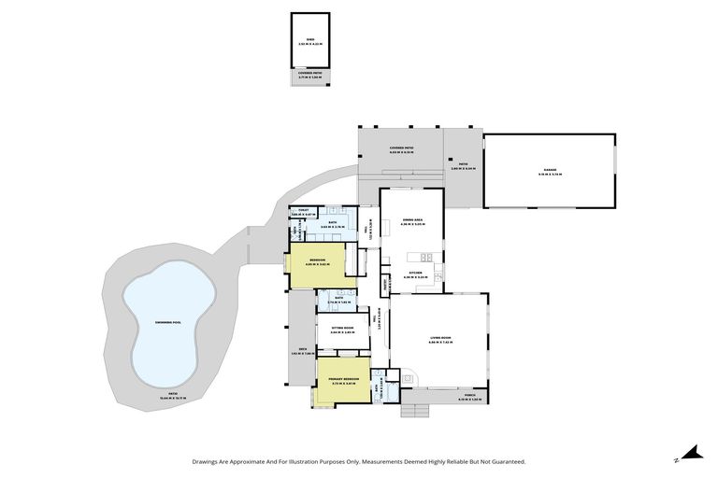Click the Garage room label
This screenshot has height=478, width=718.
pyautogui.click(x=549, y=171)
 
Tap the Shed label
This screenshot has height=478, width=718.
pyautogui.click(x=309, y=41)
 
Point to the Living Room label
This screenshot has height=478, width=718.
pyautogui.click(x=439, y=341)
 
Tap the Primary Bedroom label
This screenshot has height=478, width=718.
pyautogui.click(x=343, y=379)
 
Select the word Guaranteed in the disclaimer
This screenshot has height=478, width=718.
pyautogui.click(x=506, y=461)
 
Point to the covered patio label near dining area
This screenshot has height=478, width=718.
pyautogui.click(x=401, y=149)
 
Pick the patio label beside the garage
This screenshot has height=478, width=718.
pyautogui.click(x=463, y=167)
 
